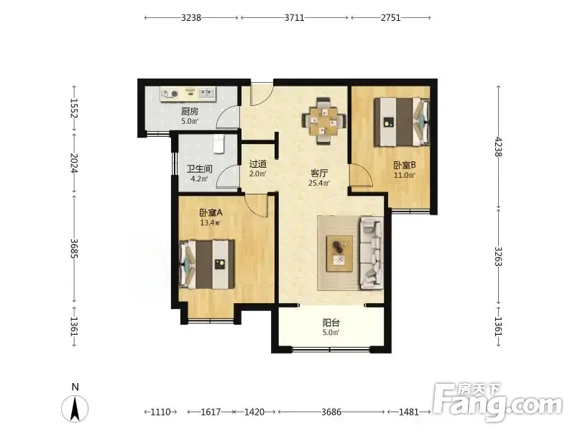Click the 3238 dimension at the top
coord(191,17)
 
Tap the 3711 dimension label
coord(295,17)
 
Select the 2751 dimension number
coord(390,17)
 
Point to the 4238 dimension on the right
coord(498,147)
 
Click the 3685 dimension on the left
coord(74,248)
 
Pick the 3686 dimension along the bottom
coord(331,412)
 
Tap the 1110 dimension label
coord(160,412)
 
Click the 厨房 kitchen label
coord(190,112)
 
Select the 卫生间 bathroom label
coord(200,169)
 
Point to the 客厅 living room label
coord(319,173)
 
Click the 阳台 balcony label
coord(331,323)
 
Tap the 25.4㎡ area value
coord(318,183)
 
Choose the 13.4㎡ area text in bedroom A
coord(210,222)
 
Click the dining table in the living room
coord(323,121)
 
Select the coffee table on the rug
coord(339,253)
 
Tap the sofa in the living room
coord(371,253)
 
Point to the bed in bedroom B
coord(402,122)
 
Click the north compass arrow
coord(75,409)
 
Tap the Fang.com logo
coord(497,402)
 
